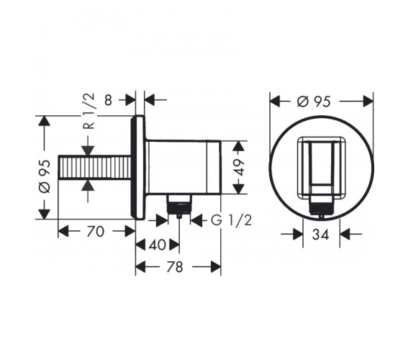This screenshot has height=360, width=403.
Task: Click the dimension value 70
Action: [x=95, y=231]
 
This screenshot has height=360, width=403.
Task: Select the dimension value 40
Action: [x=158, y=245]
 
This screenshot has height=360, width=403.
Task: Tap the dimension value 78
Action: [x=175, y=267]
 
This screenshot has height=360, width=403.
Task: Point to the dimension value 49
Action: [x=239, y=167]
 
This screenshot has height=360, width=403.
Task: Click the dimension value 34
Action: [x=320, y=235]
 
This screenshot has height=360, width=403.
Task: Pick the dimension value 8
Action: [x=109, y=100]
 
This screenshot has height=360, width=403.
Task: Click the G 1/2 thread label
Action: [x=231, y=220]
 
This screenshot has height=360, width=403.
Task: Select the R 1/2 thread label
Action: [x=89, y=111]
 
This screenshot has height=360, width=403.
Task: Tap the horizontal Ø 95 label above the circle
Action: [x=314, y=102]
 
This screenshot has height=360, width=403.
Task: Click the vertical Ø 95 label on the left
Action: [x=45, y=176]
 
